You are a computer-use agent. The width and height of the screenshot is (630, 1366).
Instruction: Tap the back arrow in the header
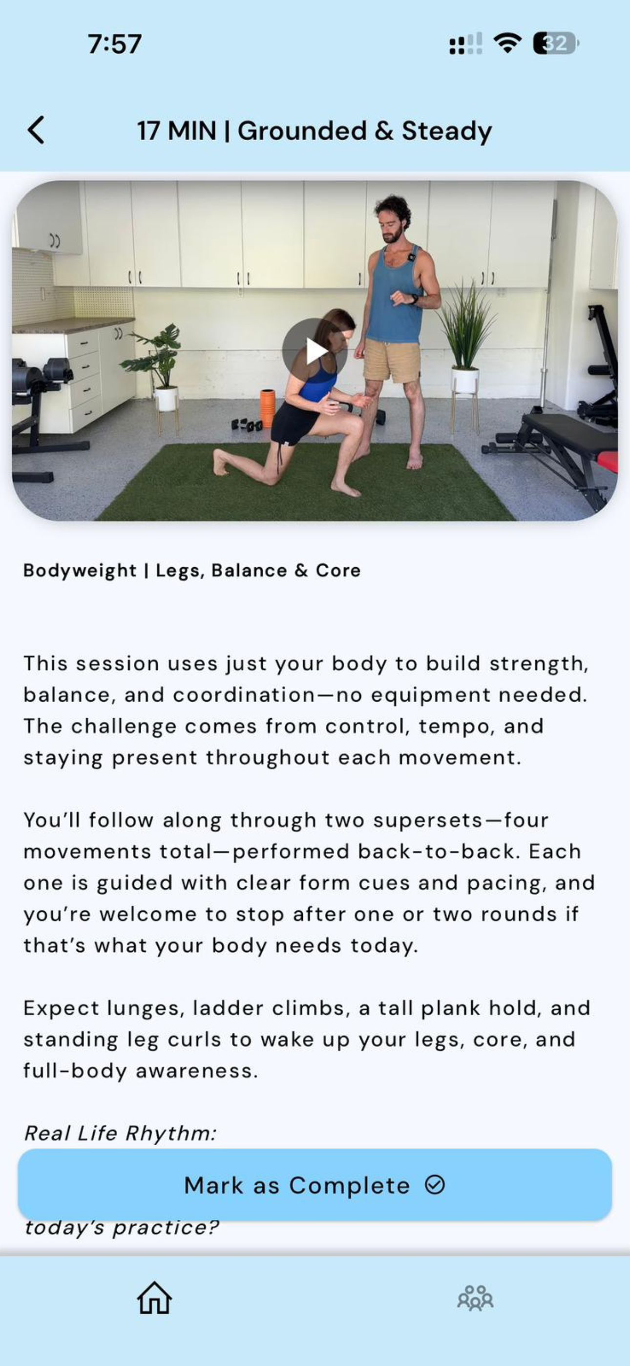click(36, 130)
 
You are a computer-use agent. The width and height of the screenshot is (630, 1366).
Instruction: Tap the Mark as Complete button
click(315, 1185)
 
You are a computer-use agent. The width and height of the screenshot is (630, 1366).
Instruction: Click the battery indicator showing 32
click(556, 43)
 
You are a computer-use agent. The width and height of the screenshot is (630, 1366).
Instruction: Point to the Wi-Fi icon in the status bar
click(507, 43)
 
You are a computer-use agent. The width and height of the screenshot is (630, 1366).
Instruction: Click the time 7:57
click(115, 43)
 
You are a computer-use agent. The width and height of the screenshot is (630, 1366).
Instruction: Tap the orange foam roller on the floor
click(267, 408)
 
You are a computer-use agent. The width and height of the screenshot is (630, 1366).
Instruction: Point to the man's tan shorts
click(392, 361)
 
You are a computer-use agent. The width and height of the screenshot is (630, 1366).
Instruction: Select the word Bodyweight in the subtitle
click(80, 571)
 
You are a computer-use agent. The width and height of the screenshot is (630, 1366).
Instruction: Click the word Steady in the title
click(446, 131)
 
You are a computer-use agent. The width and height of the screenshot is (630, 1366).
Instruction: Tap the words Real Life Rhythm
click(120, 1133)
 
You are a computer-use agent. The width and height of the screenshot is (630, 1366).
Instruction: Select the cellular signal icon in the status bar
click(465, 43)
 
